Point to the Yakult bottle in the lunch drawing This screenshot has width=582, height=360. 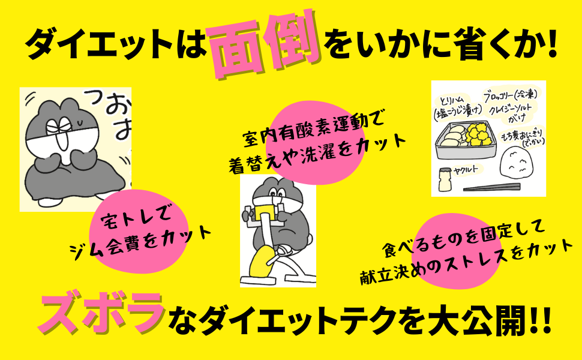pyautogui.click(x=445, y=179)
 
